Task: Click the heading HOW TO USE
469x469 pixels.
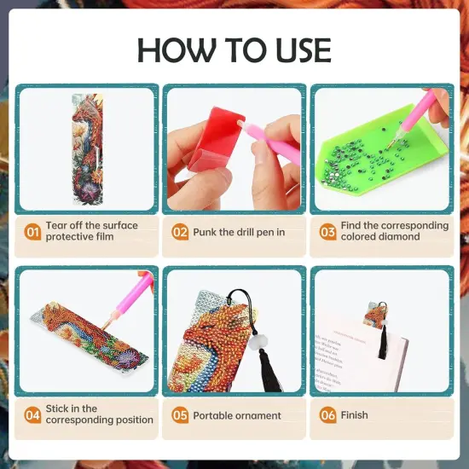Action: pyautogui.click(x=234, y=49)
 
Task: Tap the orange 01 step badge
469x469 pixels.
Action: pyautogui.click(x=32, y=232)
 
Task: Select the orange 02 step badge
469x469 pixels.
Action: pyautogui.click(x=180, y=232)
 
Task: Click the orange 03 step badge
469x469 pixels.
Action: pyautogui.click(x=327, y=232)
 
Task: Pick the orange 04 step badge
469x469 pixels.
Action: pyautogui.click(x=32, y=415)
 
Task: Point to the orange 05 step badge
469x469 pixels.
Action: pyautogui.click(x=180, y=415)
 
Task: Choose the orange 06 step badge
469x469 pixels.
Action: pyautogui.click(x=327, y=415)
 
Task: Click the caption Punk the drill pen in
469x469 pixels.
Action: pyautogui.click(x=239, y=232)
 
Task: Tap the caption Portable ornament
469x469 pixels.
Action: pyautogui.click(x=236, y=415)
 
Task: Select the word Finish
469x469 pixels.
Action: pyautogui.click(x=354, y=415)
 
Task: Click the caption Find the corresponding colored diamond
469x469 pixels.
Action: pyautogui.click(x=394, y=231)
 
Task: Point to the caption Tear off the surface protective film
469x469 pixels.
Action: pyautogui.click(x=92, y=231)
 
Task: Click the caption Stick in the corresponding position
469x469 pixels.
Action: pyautogui.click(x=99, y=414)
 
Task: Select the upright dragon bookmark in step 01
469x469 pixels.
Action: pyautogui.click(x=86, y=149)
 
